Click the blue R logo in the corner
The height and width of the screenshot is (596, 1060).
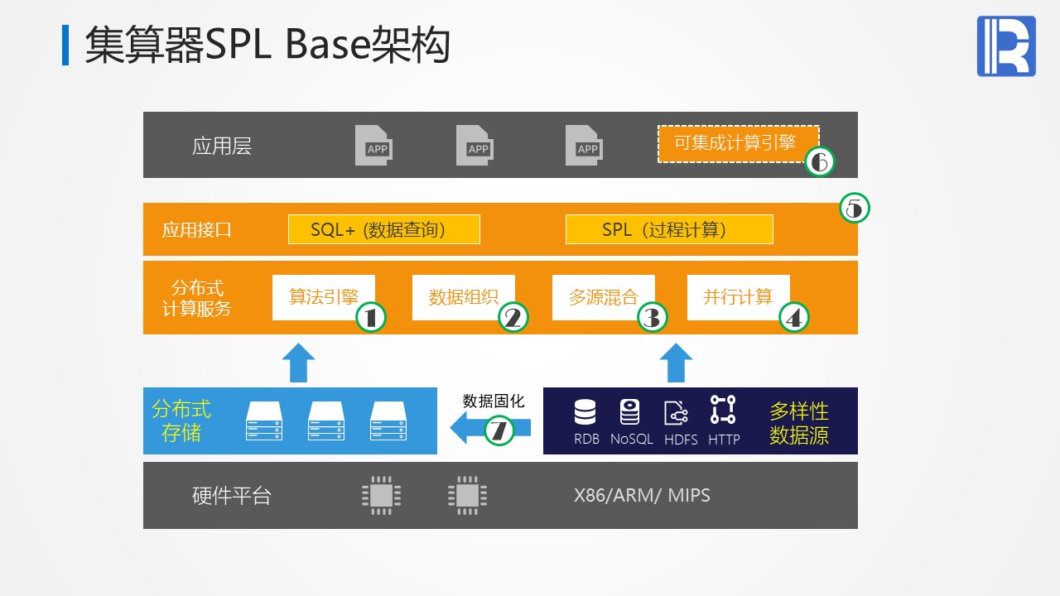[1006, 46]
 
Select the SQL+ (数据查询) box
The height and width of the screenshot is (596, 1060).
[383, 229]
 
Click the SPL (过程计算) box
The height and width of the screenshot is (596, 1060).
[668, 229]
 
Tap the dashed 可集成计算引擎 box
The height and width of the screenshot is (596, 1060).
[737, 143]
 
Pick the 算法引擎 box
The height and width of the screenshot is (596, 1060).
[323, 297]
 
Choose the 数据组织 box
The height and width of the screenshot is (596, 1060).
[463, 297]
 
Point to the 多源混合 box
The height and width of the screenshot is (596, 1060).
[603, 297]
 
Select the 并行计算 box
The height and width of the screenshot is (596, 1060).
[738, 297]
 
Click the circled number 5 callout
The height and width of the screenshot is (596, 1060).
[855, 209]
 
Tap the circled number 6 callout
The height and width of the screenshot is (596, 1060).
[820, 162]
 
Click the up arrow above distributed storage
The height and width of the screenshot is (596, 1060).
[298, 363]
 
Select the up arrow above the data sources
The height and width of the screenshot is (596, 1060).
[676, 363]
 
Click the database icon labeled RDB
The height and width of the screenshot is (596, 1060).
[585, 411]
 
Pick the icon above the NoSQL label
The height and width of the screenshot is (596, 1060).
[630, 411]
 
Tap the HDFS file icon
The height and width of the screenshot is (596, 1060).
[676, 412]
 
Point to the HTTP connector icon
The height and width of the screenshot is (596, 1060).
[723, 410]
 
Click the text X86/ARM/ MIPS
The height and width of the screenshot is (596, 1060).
[642, 496]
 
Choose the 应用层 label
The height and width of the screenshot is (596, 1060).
[221, 147]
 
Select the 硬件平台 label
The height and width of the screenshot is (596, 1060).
[231, 496]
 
